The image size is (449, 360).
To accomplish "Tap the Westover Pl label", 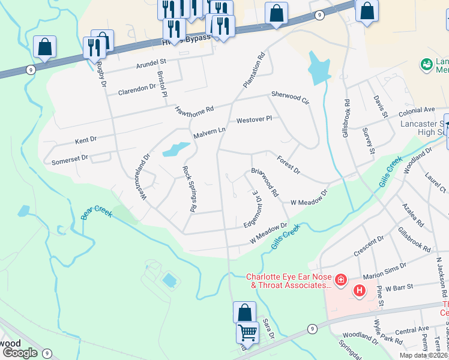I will (x=254, y=119).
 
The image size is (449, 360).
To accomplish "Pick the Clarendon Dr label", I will (x=137, y=88).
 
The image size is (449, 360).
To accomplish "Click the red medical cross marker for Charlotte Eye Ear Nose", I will (x=340, y=279).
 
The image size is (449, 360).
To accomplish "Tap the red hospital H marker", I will (x=359, y=291).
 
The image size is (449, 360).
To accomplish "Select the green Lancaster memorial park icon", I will (x=427, y=63).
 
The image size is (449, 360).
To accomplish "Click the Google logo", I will (x=20, y=353).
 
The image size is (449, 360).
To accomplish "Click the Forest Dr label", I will (x=289, y=164).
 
